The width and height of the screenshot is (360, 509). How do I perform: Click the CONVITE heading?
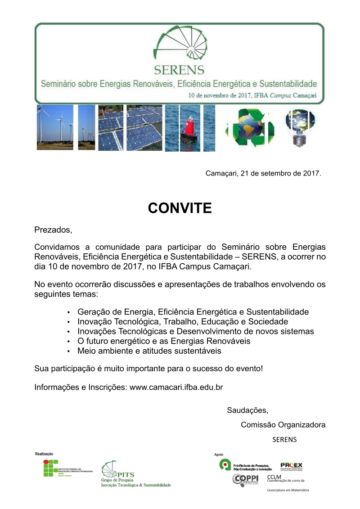(x=180, y=208)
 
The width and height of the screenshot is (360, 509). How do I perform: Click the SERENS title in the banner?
(x=179, y=70)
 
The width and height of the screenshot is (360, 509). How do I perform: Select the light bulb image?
(x=299, y=127)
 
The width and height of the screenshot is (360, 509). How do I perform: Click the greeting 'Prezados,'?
(x=53, y=230)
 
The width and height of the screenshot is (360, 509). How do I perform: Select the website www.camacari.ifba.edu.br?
(x=176, y=387)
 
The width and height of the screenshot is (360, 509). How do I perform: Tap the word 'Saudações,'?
(x=247, y=410)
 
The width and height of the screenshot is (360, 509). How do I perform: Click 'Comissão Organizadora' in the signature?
(x=283, y=425)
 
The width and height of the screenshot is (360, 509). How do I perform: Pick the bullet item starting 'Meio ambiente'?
(x=149, y=351)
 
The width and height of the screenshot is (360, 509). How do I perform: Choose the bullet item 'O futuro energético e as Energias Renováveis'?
(x=164, y=341)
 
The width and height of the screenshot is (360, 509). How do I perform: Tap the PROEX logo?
(x=291, y=465)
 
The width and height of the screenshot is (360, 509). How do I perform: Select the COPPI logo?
(x=245, y=479)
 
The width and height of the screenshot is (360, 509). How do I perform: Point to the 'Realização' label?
(x=44, y=454)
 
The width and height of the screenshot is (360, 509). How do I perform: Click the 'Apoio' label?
(x=219, y=454)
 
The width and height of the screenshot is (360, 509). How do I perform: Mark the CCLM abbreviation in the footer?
(x=274, y=477)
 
